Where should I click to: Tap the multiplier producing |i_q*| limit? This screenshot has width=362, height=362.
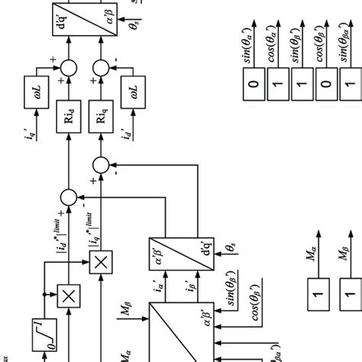click(x=99, y=263)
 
